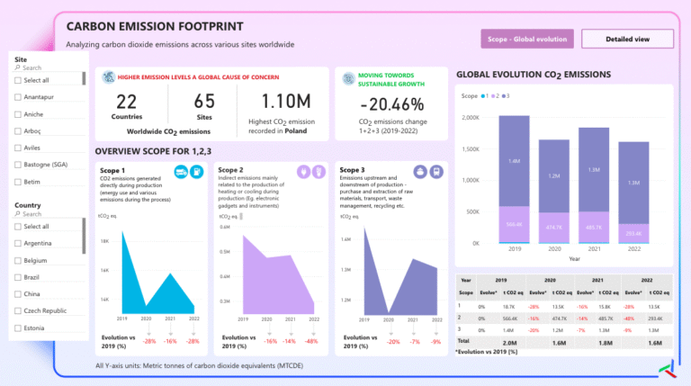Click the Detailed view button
coord(627,39)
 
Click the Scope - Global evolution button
coord(526,39)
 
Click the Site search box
coord(45,67)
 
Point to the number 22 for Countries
coord(127,102)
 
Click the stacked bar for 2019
coord(515,180)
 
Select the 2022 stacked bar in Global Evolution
coord(633,193)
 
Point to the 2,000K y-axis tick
coord(467,118)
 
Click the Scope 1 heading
coord(112,170)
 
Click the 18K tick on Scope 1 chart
coord(104,240)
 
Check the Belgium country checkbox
coord(18,260)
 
